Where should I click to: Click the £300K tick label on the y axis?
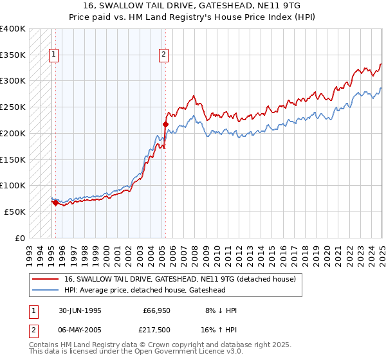(x=13, y=81)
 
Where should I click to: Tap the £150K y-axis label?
(x=13, y=159)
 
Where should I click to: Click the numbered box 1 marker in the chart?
(x=54, y=55)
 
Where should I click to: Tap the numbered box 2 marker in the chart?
(x=164, y=55)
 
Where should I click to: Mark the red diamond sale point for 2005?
(x=165, y=124)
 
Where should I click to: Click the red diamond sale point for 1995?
(x=55, y=203)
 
